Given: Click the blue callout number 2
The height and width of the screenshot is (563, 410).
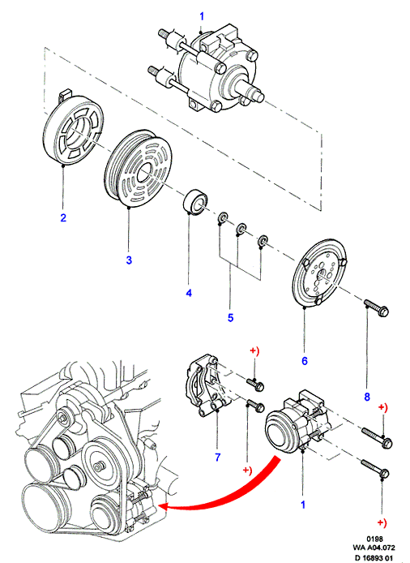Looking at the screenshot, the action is [63, 217].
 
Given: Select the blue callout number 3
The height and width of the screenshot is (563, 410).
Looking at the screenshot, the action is [129, 260].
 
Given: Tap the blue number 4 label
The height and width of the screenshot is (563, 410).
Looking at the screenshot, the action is [189, 293].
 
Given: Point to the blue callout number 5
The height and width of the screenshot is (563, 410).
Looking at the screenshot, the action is [230, 317].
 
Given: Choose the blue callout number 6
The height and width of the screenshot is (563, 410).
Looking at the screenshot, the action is [305, 360].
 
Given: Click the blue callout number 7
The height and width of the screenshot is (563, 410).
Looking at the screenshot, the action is [218, 457].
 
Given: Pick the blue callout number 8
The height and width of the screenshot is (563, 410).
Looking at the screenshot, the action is [367, 397].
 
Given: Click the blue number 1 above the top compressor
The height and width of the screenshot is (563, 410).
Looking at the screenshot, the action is [202, 16].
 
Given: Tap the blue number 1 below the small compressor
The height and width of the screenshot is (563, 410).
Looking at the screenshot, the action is [303, 505].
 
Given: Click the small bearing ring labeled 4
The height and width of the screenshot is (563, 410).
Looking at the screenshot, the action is [194, 202].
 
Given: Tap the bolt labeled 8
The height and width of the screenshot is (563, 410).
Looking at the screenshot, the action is [376, 308].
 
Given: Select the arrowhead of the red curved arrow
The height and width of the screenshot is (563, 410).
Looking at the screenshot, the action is [163, 507].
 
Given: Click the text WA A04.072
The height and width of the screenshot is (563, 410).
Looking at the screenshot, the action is [374, 548].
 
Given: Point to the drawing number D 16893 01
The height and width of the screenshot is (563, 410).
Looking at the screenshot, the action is [374, 557].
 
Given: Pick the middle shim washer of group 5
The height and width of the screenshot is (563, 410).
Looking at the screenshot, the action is [241, 229].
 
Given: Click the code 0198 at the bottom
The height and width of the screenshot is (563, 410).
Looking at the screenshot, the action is [375, 539].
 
